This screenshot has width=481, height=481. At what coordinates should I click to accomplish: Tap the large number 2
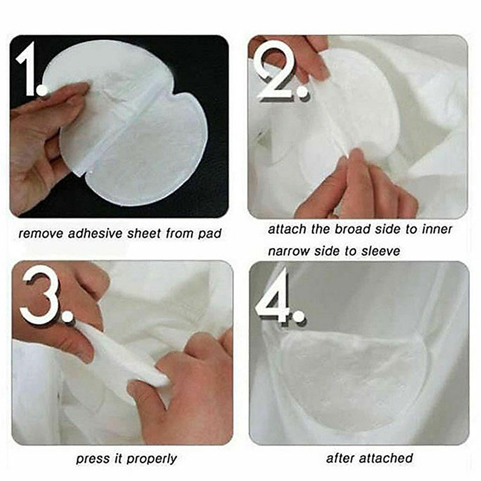click(x=274, y=73)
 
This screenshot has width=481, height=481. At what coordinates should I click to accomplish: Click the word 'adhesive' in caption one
click(x=96, y=233)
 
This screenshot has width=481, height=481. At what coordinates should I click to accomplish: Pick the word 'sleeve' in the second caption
click(x=381, y=251)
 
